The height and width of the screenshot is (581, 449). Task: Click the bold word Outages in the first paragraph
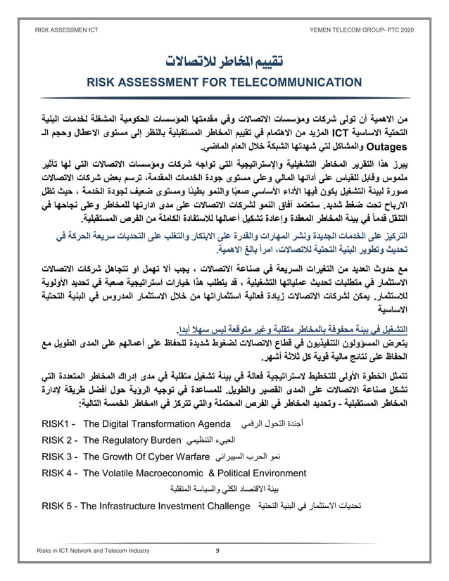[394, 148]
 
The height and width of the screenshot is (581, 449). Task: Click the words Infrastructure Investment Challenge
[176, 506]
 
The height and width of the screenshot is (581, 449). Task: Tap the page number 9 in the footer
[217, 550]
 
